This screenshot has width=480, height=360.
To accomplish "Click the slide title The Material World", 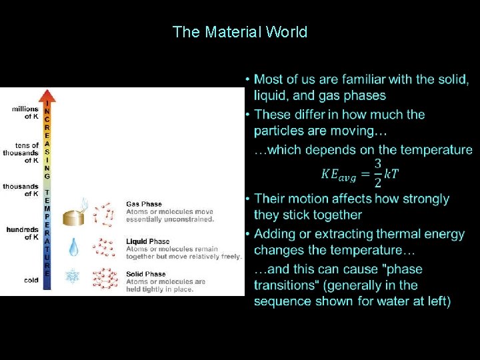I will [x=239, y=32].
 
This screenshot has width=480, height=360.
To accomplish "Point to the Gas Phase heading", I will [x=144, y=204].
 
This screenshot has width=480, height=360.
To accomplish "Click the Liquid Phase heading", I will [x=148, y=241].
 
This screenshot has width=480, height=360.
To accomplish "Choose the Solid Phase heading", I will [x=146, y=274].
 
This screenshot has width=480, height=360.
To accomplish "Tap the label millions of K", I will [x=25, y=113].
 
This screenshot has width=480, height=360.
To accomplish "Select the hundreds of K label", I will [x=23, y=233].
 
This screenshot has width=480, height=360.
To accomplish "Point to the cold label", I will [x=31, y=281].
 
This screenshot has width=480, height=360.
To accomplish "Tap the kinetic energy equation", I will [x=359, y=173].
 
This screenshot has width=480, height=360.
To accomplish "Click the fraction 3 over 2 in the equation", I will [x=378, y=173].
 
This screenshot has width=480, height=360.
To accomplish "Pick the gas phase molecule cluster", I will [x=103, y=213].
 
